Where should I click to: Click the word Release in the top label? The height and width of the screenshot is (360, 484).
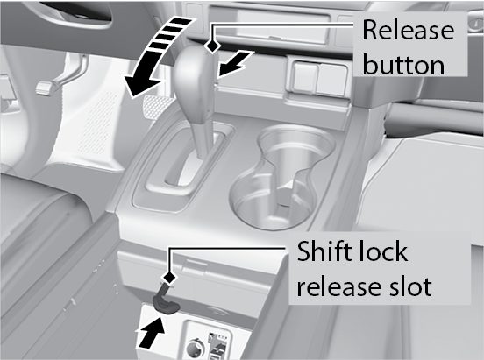tap(408, 31)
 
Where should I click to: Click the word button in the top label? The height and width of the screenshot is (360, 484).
tap(403, 65)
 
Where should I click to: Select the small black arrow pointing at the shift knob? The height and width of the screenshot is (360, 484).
tap(234, 66)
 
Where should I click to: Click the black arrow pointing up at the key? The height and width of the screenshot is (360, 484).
tap(151, 333)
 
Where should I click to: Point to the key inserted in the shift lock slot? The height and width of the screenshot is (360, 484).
tap(165, 300)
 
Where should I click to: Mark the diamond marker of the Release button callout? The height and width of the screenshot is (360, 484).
tap(213, 46)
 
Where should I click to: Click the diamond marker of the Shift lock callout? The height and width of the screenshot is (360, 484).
tap(169, 278)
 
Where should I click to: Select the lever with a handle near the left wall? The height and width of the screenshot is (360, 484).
tap(61, 75)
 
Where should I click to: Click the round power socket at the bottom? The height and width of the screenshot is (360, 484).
tap(196, 348)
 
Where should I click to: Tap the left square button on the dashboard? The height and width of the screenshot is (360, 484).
tap(305, 78)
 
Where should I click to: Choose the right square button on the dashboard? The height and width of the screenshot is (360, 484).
tap(332, 79)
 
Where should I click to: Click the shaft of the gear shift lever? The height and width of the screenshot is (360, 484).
tap(203, 136)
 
